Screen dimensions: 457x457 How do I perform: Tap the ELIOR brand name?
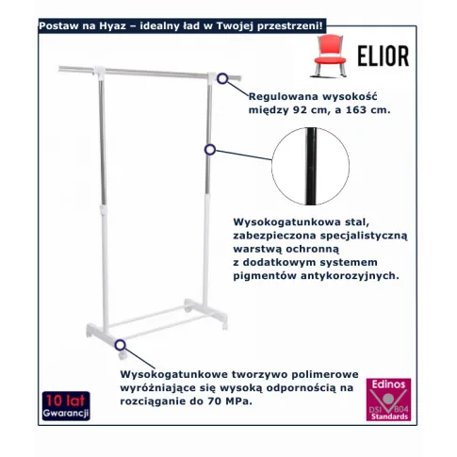(384, 56)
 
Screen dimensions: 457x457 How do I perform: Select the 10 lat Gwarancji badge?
(66, 405)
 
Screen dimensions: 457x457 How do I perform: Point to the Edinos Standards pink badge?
(388, 400)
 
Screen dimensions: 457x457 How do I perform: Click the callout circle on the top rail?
(222, 78)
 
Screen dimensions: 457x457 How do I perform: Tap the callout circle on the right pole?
(210, 150)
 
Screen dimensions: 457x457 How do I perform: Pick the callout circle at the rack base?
(120, 345)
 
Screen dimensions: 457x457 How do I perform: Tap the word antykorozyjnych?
(350, 276)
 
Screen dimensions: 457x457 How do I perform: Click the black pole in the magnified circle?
(311, 166)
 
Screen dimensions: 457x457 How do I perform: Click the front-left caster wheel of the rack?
(122, 355)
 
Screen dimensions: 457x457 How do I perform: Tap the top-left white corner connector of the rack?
(100, 71)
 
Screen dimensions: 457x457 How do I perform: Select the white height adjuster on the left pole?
(104, 208)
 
